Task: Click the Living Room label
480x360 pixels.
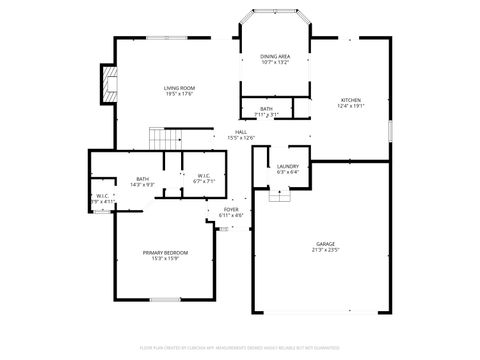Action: click(x=179, y=88)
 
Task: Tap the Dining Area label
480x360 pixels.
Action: click(x=274, y=56)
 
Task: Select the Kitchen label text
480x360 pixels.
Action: click(x=350, y=100)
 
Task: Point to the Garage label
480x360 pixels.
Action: click(x=325, y=244)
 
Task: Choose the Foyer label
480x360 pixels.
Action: click(x=231, y=210)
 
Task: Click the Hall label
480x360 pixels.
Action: click(x=241, y=132)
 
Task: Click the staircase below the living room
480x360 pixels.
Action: click(x=162, y=137)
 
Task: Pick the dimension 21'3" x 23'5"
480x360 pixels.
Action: click(x=325, y=250)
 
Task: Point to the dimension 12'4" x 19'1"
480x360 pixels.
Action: click(x=350, y=106)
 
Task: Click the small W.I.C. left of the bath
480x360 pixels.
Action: click(x=103, y=199)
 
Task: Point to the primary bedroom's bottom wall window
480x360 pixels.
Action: click(x=164, y=299)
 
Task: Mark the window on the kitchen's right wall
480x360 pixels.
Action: click(x=389, y=130)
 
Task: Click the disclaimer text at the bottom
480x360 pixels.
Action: click(x=240, y=348)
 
